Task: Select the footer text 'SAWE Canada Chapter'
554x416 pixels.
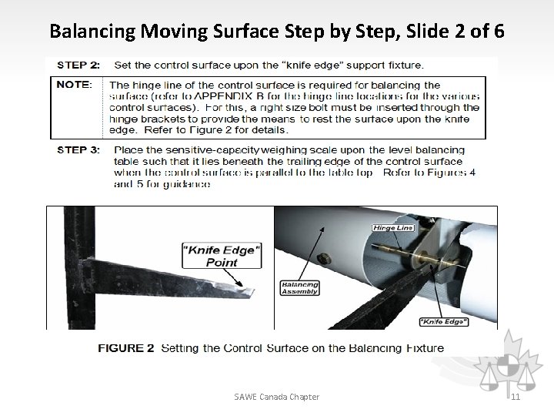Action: coord(277,397)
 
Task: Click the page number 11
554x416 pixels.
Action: coord(515,397)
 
